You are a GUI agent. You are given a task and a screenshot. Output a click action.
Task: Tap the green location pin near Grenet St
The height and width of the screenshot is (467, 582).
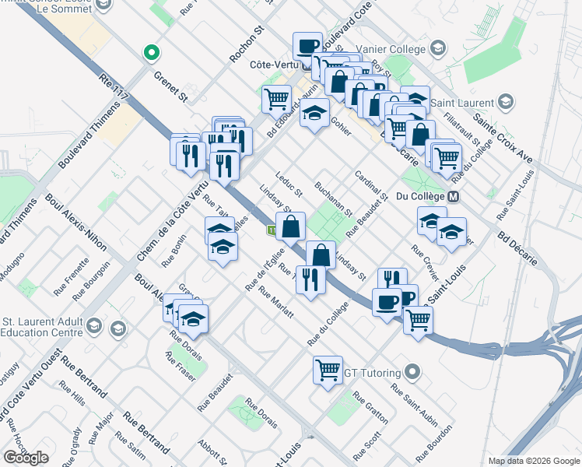153,54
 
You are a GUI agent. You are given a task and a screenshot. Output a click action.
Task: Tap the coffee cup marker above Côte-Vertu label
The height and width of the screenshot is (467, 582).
308,45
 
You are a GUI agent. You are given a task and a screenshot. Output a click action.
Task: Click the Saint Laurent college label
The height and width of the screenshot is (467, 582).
465,103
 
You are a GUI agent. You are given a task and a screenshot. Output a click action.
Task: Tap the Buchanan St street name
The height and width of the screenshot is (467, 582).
334,200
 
